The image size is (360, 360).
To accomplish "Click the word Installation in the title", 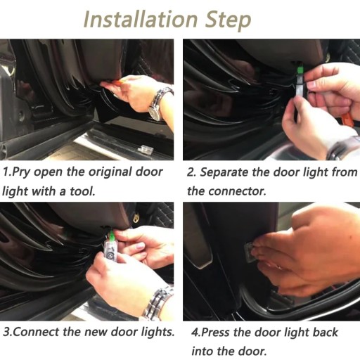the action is pyautogui.click(x=141, y=20).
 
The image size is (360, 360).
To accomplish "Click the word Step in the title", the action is pyautogui.click(x=228, y=21).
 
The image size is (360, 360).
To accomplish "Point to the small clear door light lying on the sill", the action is pyautogui.click(x=146, y=148).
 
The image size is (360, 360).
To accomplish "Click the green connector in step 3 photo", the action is pyautogui.click(x=112, y=235).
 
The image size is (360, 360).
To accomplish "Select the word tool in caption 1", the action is pyautogui.click(x=82, y=191).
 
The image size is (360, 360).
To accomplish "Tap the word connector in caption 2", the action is pyautogui.click(x=237, y=191).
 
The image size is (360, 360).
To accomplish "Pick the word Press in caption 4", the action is pyautogui.click(x=215, y=332).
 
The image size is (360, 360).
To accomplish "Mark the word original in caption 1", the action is pyautogui.click(x=110, y=173).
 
